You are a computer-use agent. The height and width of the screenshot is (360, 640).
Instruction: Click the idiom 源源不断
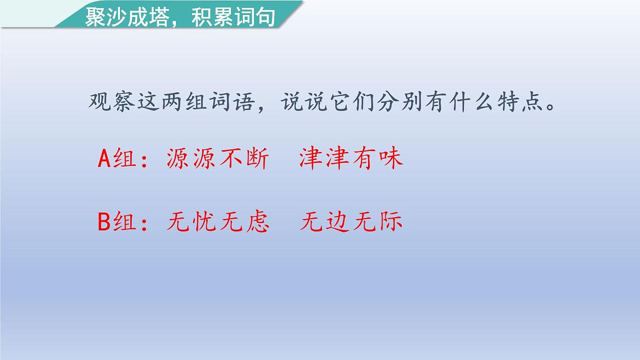(x=218, y=158)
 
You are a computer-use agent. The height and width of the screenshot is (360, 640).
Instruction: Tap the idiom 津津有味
(x=350, y=158)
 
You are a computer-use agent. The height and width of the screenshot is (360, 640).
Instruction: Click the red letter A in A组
(x=105, y=159)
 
